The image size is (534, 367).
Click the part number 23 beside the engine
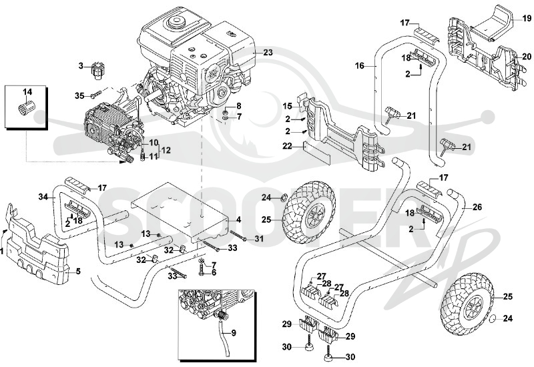268,53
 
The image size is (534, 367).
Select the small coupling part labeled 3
97,71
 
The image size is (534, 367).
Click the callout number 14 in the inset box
27,91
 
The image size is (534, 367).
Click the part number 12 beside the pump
166,150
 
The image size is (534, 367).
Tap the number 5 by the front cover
78,272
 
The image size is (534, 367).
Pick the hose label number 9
234,332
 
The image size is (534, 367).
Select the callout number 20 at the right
527,57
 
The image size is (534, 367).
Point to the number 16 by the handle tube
360,65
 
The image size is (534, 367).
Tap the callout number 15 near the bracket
288,106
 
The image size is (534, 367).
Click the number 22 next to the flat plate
288,145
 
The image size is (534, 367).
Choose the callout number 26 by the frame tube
477,207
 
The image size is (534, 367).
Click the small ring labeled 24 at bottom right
493,319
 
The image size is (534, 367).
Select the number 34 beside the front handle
43,196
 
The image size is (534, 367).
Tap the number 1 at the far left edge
1,252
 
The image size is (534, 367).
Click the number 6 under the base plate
214,272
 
